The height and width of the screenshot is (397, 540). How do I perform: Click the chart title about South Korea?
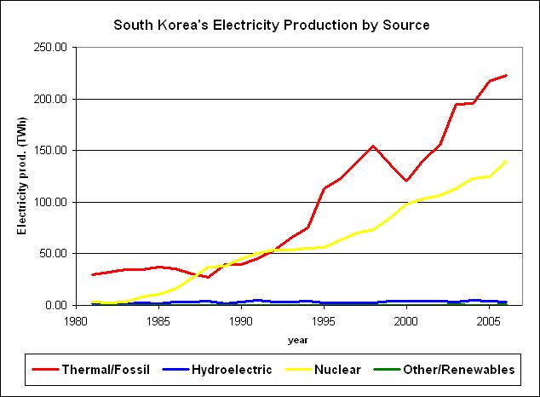tap(272, 26)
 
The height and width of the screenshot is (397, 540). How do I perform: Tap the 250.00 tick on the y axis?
tap(50, 48)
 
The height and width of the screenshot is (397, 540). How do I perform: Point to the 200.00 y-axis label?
tap(50, 99)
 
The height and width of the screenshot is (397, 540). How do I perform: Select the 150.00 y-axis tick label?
tap(50, 151)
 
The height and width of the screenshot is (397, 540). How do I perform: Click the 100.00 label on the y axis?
tap(50, 202)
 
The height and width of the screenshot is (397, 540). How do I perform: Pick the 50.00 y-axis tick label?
tap(53, 254)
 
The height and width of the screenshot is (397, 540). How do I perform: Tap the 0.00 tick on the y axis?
tap(55, 305)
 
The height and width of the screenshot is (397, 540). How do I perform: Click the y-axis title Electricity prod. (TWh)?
tap(22, 175)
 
